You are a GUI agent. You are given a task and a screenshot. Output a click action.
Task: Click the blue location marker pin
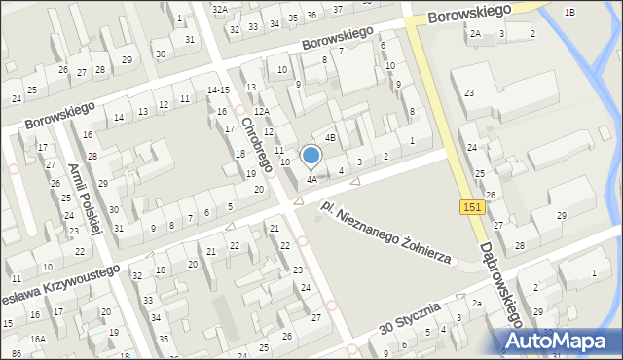click(x=311, y=156)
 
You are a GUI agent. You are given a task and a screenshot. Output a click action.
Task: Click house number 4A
click(x=311, y=179)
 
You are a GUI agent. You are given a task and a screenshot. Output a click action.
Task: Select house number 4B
click(x=330, y=138)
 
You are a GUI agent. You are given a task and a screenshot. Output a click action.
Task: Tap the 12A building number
click(x=262, y=112)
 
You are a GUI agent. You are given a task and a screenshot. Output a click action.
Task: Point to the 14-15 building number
click(x=218, y=90)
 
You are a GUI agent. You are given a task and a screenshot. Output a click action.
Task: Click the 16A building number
click(x=37, y=339)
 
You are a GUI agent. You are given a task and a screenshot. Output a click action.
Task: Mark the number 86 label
click(x=16, y=353)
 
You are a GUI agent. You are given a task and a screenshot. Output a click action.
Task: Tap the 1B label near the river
click(x=569, y=12)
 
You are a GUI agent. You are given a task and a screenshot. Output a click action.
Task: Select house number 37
click(x=337, y=8)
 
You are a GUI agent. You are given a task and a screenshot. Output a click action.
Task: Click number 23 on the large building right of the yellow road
click(x=469, y=92)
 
